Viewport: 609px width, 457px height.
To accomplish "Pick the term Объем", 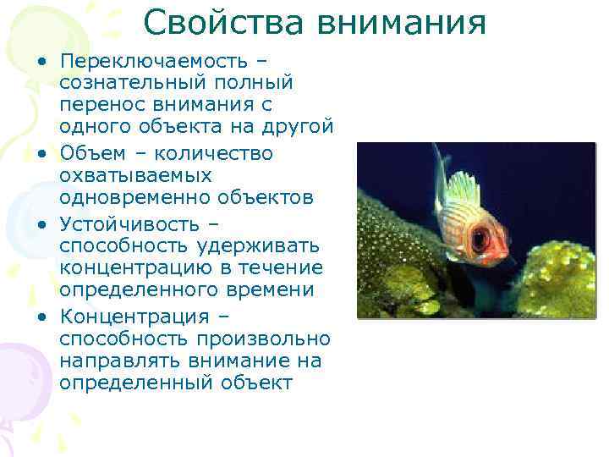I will (91, 152).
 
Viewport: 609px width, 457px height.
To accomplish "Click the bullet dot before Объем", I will (41, 154).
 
